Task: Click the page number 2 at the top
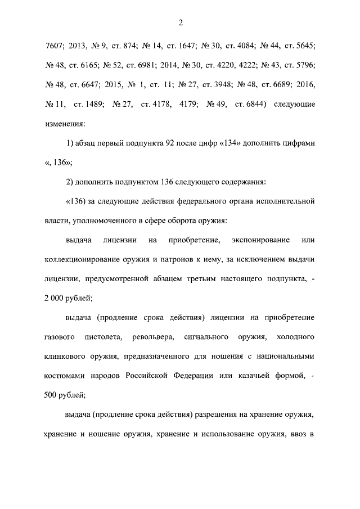click(x=180, y=22)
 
